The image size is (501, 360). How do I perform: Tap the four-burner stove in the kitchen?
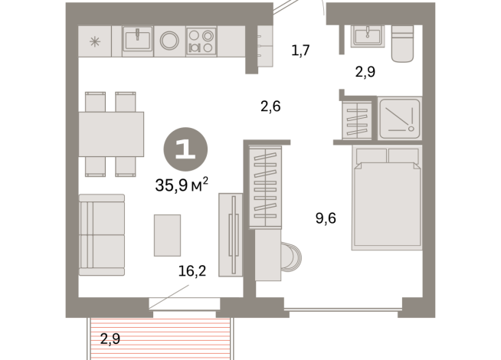tap(201, 41)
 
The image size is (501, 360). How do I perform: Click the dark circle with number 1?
tap(185, 146)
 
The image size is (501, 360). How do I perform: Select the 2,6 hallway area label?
tap(270, 106)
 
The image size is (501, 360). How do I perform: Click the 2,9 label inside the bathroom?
tap(365, 73)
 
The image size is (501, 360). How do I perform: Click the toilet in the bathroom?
tap(402, 44)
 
